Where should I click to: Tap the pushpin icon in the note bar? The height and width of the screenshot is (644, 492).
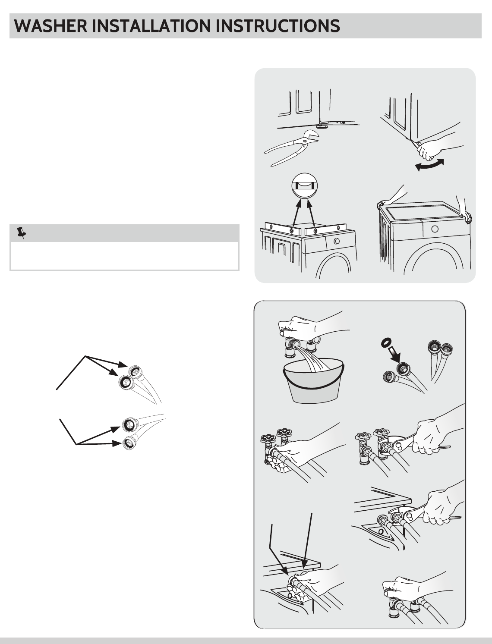(21, 232)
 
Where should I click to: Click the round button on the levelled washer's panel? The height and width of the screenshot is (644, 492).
(337, 241)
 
